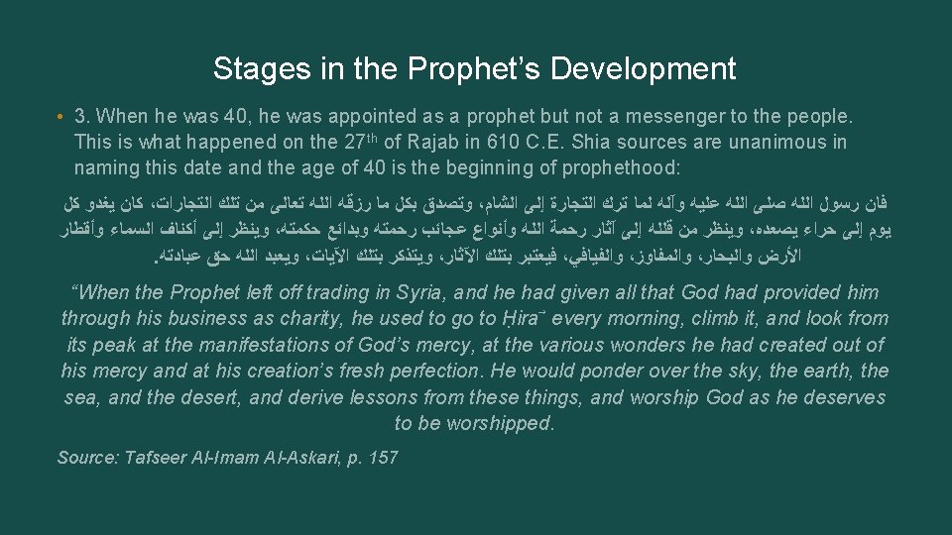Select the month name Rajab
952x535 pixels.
pyautogui.click(x=446, y=143)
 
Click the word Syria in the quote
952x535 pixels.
pyautogui.click(x=422, y=293)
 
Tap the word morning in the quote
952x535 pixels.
pyautogui.click(x=667, y=319)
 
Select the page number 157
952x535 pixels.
pyautogui.click(x=381, y=457)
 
